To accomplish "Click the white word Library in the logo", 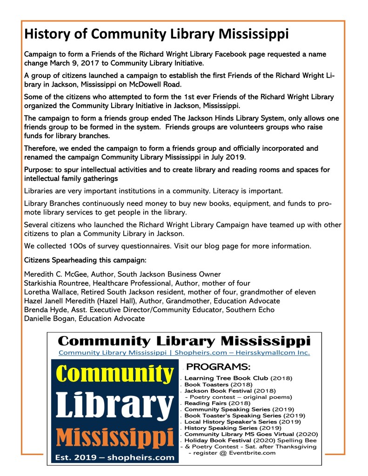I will pos(114,406).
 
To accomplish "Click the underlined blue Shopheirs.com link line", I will pos(184,353).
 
